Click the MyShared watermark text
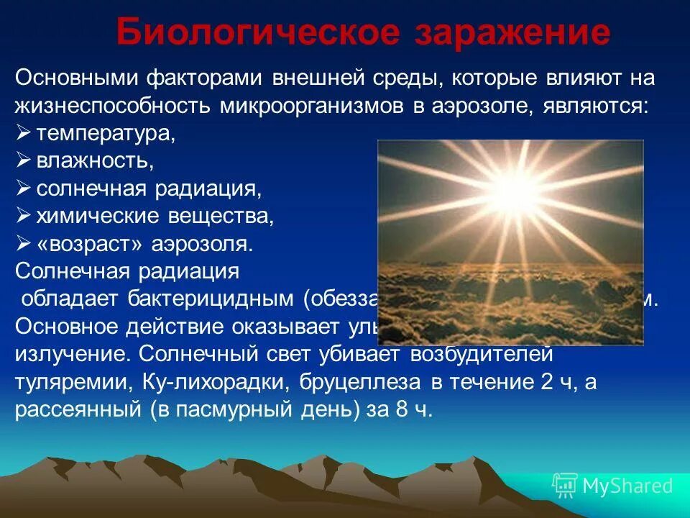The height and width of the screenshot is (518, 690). pyautogui.click(x=627, y=486)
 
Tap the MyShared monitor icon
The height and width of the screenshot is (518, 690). pyautogui.click(x=565, y=486)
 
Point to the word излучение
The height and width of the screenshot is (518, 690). pyautogui.click(x=73, y=354)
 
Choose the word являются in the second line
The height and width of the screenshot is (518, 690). pyautogui.click(x=598, y=106)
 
